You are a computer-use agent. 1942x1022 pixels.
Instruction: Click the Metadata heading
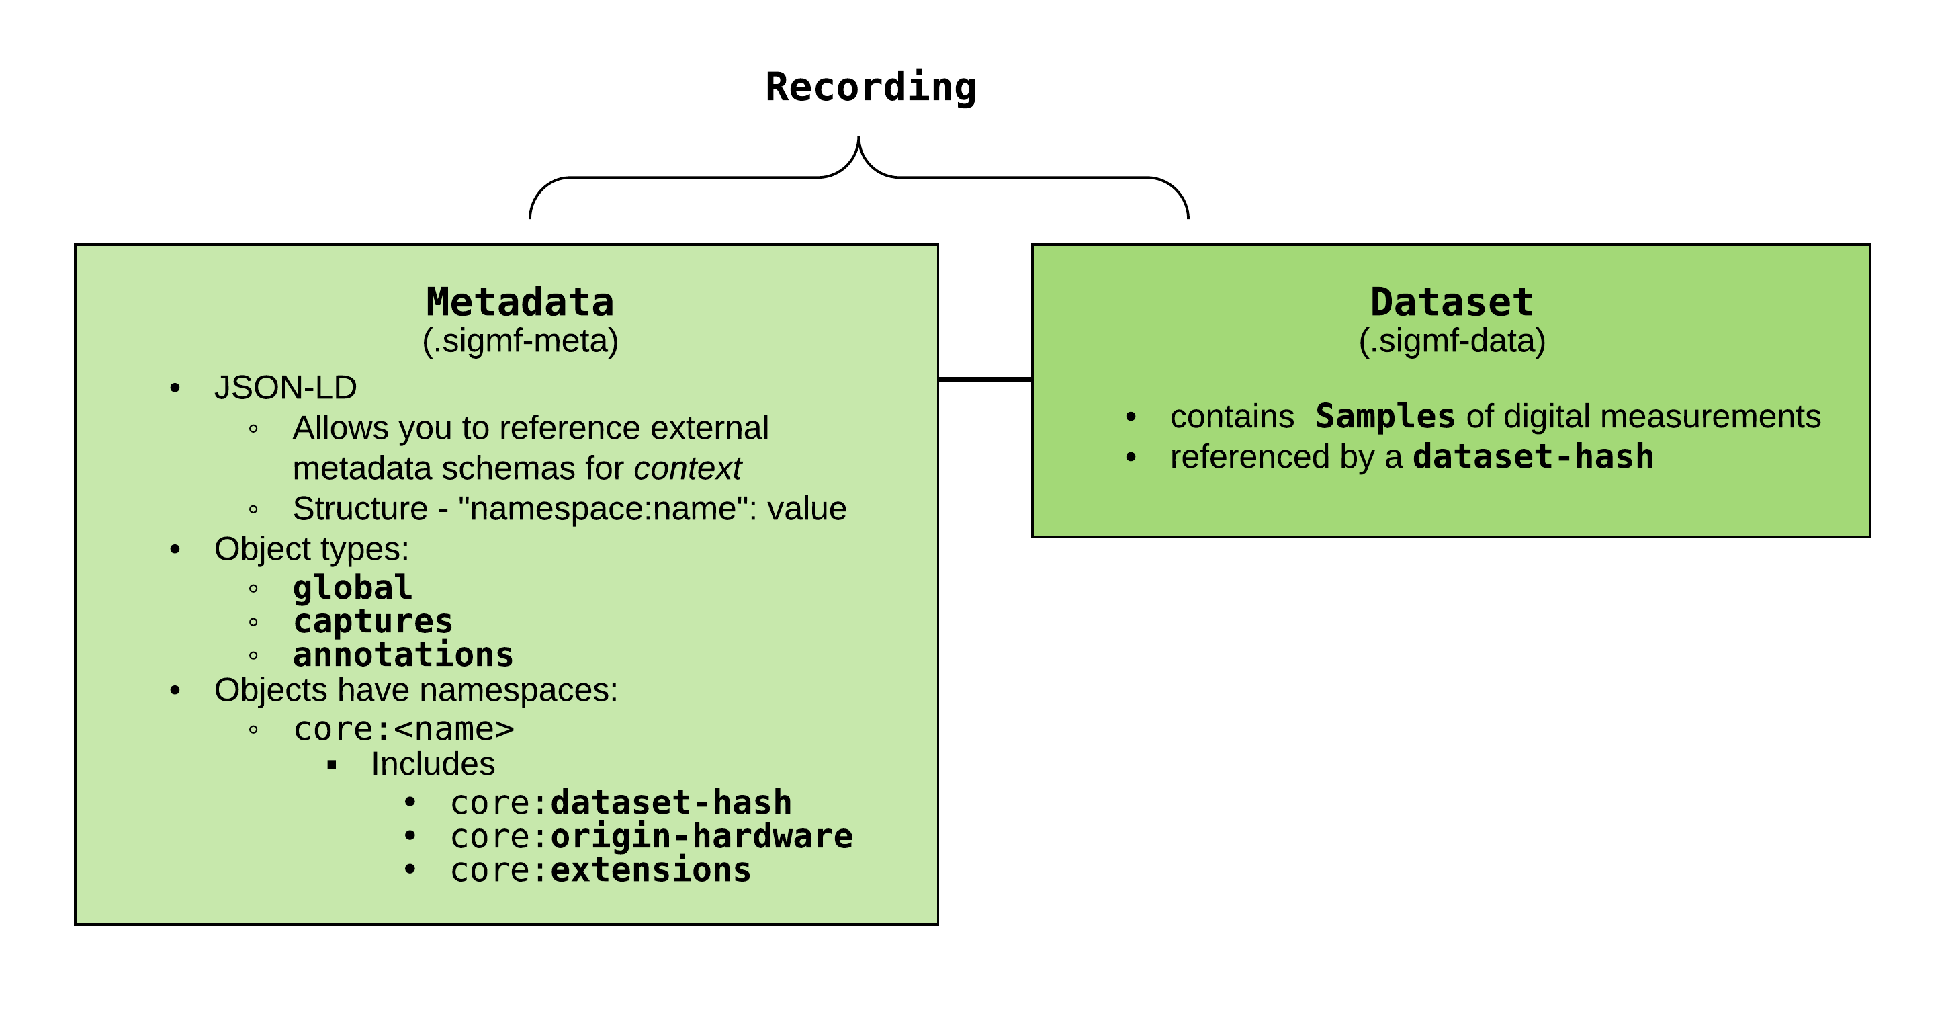point(519,302)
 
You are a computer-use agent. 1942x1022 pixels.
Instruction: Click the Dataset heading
point(1451,302)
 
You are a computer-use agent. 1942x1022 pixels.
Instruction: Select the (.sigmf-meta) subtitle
point(520,341)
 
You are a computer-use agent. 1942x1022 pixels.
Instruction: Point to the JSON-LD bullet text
point(285,388)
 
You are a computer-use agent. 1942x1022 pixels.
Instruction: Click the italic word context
point(688,468)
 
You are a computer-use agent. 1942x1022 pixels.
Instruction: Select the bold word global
point(352,587)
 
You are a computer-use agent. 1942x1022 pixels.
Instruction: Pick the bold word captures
point(372,622)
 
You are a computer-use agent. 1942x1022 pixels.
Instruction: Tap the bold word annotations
point(402,654)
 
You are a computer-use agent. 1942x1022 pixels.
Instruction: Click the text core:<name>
point(403,729)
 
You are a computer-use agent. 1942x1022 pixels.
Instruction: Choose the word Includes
point(433,764)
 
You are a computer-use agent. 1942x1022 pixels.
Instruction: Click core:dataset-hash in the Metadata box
point(621,802)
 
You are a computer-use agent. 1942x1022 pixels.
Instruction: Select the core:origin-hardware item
point(652,837)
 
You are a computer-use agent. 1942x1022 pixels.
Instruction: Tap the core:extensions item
point(600,870)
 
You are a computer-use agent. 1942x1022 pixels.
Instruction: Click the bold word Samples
point(1385,417)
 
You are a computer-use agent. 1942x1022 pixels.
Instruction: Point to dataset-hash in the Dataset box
point(1533,457)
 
